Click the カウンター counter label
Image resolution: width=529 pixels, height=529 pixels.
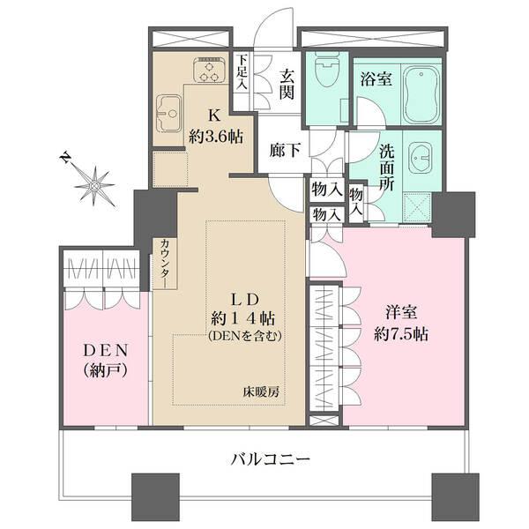pos(166,263)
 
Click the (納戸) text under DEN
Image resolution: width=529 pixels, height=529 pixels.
pos(104,370)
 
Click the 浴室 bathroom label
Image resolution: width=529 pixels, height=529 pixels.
pos(376,78)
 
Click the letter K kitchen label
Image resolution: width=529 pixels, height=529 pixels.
pos(214,114)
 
